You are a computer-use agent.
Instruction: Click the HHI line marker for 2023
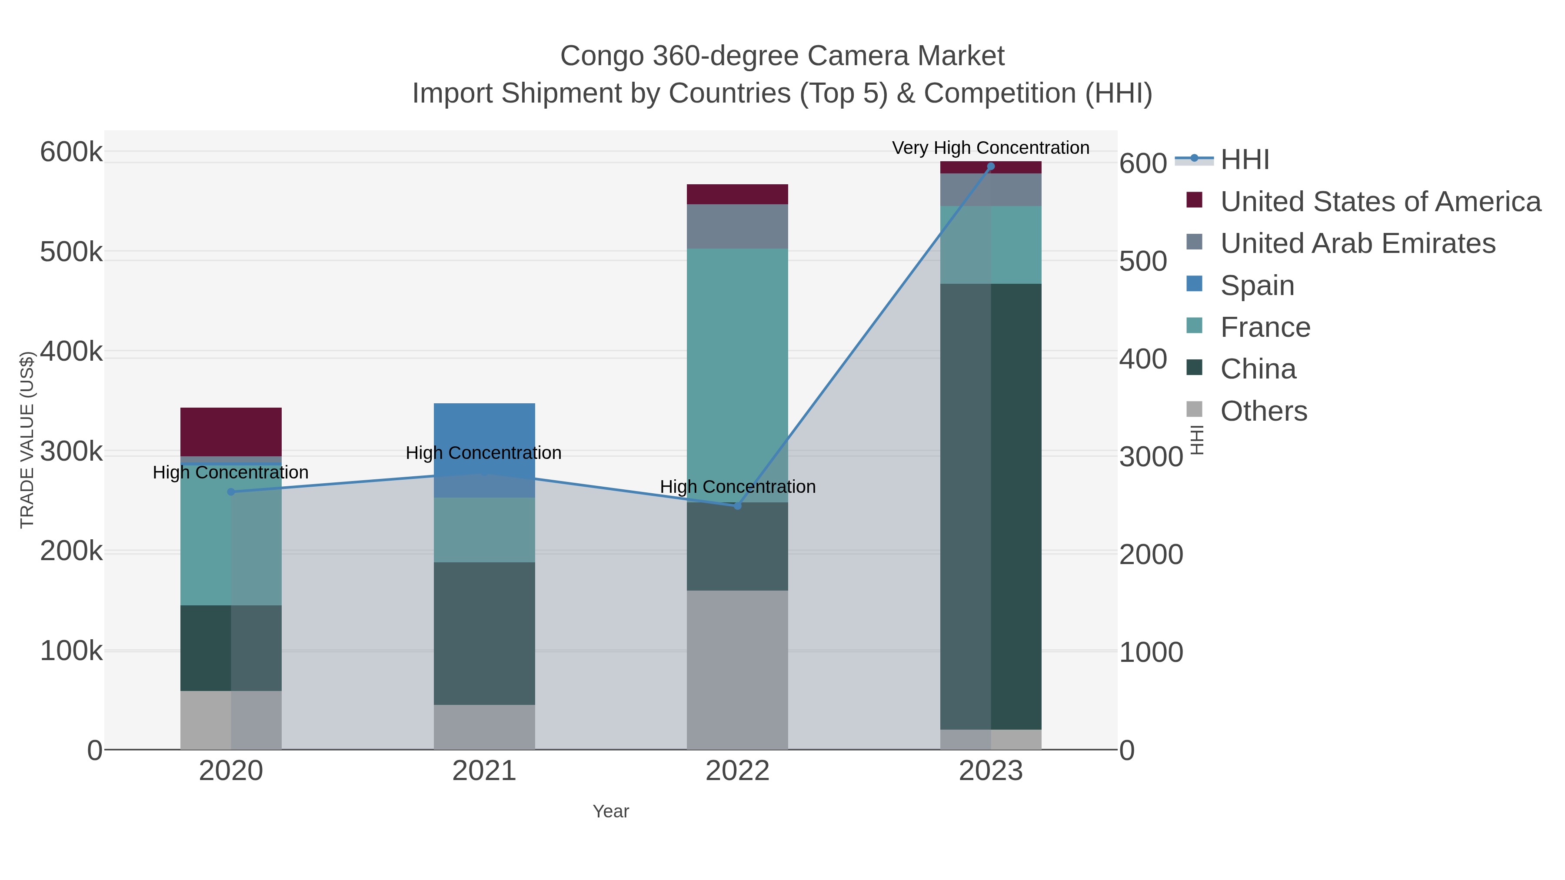[991, 166]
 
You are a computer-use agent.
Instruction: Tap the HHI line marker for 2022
[738, 506]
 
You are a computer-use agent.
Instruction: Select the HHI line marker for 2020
[231, 492]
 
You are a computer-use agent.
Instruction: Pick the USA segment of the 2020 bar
[231, 431]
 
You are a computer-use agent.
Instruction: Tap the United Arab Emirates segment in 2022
[738, 226]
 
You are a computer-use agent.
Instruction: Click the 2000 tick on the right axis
[1151, 555]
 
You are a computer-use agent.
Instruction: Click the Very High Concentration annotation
[990, 148]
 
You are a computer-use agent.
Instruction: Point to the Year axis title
[611, 811]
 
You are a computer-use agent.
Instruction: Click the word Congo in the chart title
[602, 56]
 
